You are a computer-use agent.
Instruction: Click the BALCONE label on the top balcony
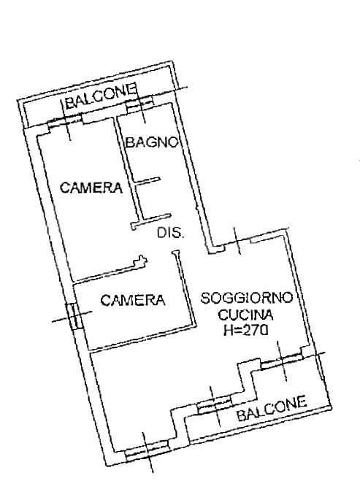pyautogui.click(x=99, y=100)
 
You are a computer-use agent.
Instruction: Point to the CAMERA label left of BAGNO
pyautogui.click(x=91, y=188)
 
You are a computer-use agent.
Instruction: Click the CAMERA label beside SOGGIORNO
pyautogui.click(x=132, y=299)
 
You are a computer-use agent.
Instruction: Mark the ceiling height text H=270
pyautogui.click(x=245, y=331)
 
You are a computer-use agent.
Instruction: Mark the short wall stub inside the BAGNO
pyautogui.click(x=148, y=182)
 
